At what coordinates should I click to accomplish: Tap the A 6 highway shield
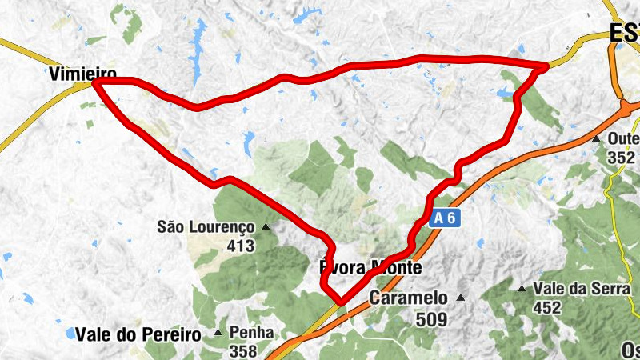pos(446,218)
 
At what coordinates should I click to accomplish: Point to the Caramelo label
pos(408,298)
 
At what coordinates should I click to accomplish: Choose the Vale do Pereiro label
pos(138,334)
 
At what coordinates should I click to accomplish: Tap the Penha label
pos(251,332)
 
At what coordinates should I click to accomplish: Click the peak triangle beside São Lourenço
pos(266,227)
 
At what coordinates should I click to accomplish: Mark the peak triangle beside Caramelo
pos(460,298)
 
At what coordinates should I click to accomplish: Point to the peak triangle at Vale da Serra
pos(522,288)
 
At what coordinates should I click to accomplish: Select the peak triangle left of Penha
pos(218,332)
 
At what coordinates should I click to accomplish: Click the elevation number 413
pos(239,246)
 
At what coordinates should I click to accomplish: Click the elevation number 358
pos(242,350)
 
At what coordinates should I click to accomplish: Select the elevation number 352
pos(621,158)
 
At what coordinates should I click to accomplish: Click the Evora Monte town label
pos(370,267)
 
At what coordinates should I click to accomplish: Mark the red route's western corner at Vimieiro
pos(95,82)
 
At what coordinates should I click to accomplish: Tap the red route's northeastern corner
pos(546,66)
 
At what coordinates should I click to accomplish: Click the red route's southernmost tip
pos(342,302)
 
